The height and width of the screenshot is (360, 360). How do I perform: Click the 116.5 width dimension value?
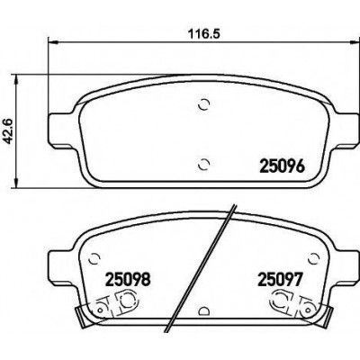click(x=203, y=33)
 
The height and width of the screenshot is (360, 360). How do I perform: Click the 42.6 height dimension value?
click(x=10, y=131)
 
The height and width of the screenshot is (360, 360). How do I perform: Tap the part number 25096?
click(x=282, y=166)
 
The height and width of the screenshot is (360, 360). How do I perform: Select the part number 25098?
click(x=127, y=279)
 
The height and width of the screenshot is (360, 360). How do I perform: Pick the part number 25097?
click(x=279, y=279)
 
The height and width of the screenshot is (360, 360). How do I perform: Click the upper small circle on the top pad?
click(x=204, y=104)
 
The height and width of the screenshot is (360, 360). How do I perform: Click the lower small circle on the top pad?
click(x=204, y=164)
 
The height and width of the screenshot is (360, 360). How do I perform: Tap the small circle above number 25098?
click(x=94, y=257)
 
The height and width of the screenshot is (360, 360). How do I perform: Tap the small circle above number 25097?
click(x=314, y=257)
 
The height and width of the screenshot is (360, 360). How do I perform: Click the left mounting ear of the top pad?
click(x=61, y=130)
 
